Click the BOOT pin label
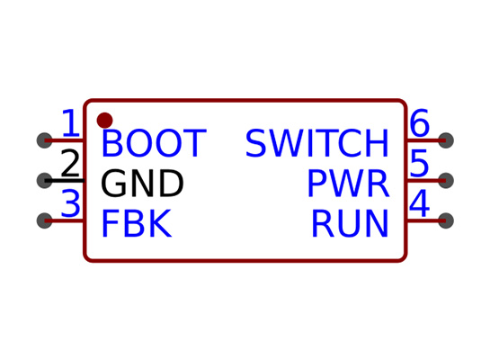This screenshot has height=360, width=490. [x=154, y=143]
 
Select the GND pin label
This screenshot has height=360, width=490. [x=142, y=184]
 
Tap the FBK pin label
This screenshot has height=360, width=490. [x=137, y=223]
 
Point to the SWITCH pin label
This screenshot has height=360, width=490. [x=316, y=143]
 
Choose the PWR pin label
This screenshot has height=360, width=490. [x=349, y=184]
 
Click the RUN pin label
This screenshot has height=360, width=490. [x=350, y=223]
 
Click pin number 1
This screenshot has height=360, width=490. [x=71, y=123]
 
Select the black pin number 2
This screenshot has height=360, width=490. [x=70, y=163]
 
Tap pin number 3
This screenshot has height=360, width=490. [x=71, y=203]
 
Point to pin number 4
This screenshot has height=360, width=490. [x=419, y=203]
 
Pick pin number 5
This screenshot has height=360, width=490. [x=419, y=163]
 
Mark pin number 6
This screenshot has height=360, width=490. [x=420, y=123]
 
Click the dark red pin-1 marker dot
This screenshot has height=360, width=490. [x=104, y=121]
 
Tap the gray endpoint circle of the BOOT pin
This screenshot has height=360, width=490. [x=44, y=140]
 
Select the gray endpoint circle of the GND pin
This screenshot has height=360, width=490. [x=44, y=181]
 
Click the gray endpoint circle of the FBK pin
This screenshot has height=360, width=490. [x=44, y=220]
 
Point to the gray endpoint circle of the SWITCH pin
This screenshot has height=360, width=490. [x=446, y=140]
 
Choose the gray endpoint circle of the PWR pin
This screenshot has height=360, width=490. [x=446, y=181]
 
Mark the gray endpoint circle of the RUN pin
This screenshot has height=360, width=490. [x=446, y=220]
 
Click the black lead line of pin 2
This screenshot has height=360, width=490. [x=65, y=181]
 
